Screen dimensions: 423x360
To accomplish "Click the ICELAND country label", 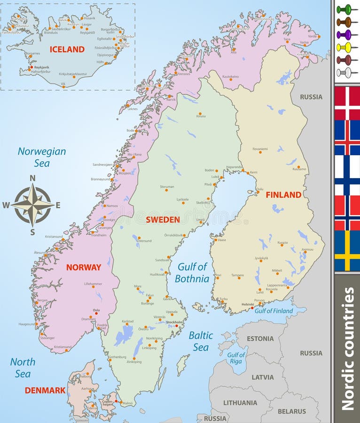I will (67, 49).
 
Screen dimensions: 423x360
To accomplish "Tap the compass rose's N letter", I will (32, 178).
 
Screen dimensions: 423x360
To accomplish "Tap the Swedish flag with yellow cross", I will (347, 251).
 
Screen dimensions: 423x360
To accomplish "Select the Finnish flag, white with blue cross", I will (347, 175).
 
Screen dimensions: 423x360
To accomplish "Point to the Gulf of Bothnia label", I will (192, 273).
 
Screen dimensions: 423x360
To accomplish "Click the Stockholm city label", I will (175, 322).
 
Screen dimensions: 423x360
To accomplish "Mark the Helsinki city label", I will (248, 304).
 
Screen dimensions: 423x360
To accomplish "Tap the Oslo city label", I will (96, 310).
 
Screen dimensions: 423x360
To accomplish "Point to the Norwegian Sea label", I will (42, 157).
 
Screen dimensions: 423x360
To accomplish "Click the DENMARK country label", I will (45, 390).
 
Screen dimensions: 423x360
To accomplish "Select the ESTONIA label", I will (260, 338).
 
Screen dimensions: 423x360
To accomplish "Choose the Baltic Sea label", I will (201, 341).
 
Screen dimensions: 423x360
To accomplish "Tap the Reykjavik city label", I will (41, 67).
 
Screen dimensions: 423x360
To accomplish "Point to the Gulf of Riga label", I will (236, 358).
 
